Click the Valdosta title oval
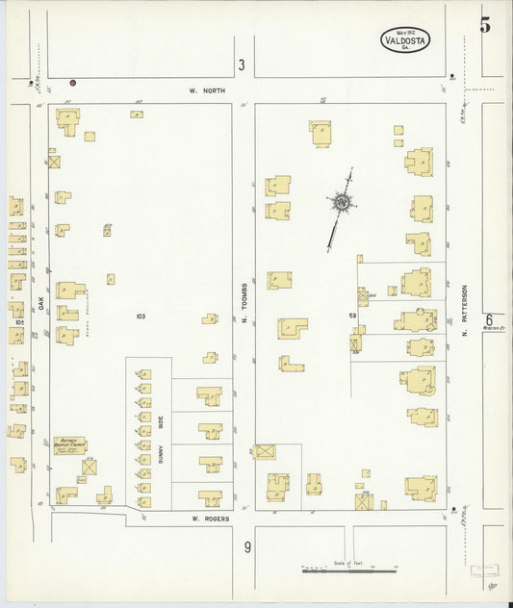coord(404,40)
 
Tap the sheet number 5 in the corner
coord(485,25)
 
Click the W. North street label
coord(206,90)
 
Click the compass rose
coord(342,203)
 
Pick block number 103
coord(141,316)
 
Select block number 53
coord(353,315)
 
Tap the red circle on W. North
coord(72,83)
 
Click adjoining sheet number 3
coord(242,64)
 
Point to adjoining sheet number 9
coord(247,548)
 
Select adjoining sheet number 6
coord(489,320)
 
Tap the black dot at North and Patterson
coord(451,74)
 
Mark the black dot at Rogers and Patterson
coord(452,510)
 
